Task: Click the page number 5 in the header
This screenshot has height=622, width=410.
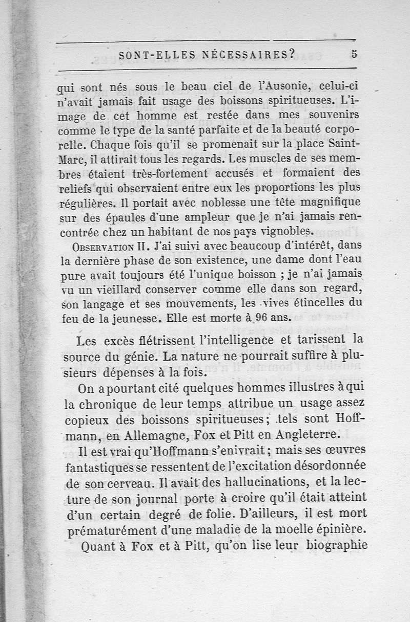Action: (x=354, y=55)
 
